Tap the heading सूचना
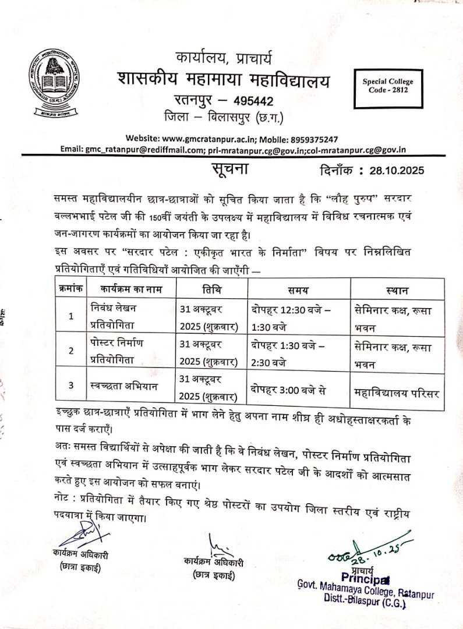[x=229, y=169]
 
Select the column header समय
[x=298, y=289]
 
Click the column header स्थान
[x=397, y=289]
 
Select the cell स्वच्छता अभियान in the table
[x=125, y=384]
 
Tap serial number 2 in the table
[x=71, y=351]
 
